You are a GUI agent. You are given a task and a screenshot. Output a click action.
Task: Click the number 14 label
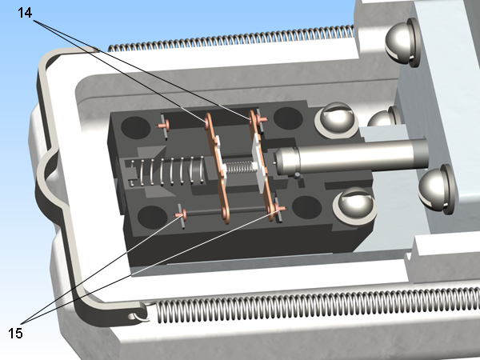pyautogui.click(x=25, y=13)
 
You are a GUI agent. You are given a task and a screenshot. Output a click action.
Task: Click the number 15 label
pyautogui.click(x=15, y=334)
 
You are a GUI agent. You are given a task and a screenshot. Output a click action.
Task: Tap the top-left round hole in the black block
pyautogui.click(x=136, y=128)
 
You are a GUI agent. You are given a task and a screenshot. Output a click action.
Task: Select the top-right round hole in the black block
pyautogui.click(x=288, y=118)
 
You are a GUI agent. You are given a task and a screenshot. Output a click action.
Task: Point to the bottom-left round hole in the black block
pyautogui.click(x=153, y=217)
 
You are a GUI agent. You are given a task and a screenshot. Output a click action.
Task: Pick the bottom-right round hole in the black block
pyautogui.click(x=306, y=207)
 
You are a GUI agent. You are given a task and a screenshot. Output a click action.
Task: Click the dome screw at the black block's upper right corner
pyautogui.click(x=337, y=120)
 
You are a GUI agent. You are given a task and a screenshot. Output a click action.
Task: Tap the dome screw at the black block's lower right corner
pyautogui.click(x=354, y=206)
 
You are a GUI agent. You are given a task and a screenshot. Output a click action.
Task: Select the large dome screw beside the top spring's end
pyautogui.click(x=402, y=42)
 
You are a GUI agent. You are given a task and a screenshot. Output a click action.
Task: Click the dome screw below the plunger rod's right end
pyautogui.click(x=436, y=189)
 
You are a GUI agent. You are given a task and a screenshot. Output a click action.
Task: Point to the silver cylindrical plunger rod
pyautogui.click(x=351, y=160)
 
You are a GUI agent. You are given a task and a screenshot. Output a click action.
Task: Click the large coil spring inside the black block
pyautogui.click(x=167, y=171)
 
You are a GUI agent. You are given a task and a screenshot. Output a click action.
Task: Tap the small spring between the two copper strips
pyautogui.click(x=241, y=167)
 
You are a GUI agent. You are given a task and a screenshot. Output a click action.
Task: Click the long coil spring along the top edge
pyautogui.click(x=232, y=38)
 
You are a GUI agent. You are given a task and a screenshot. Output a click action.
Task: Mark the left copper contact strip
pyautogui.click(x=217, y=168)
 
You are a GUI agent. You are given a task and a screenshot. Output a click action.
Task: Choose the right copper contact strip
pyautogui.click(x=261, y=166)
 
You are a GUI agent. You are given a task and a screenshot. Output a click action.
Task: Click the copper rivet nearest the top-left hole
pyautogui.click(x=163, y=125)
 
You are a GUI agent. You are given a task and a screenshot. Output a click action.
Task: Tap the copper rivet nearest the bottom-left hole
pyautogui.click(x=181, y=214)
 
